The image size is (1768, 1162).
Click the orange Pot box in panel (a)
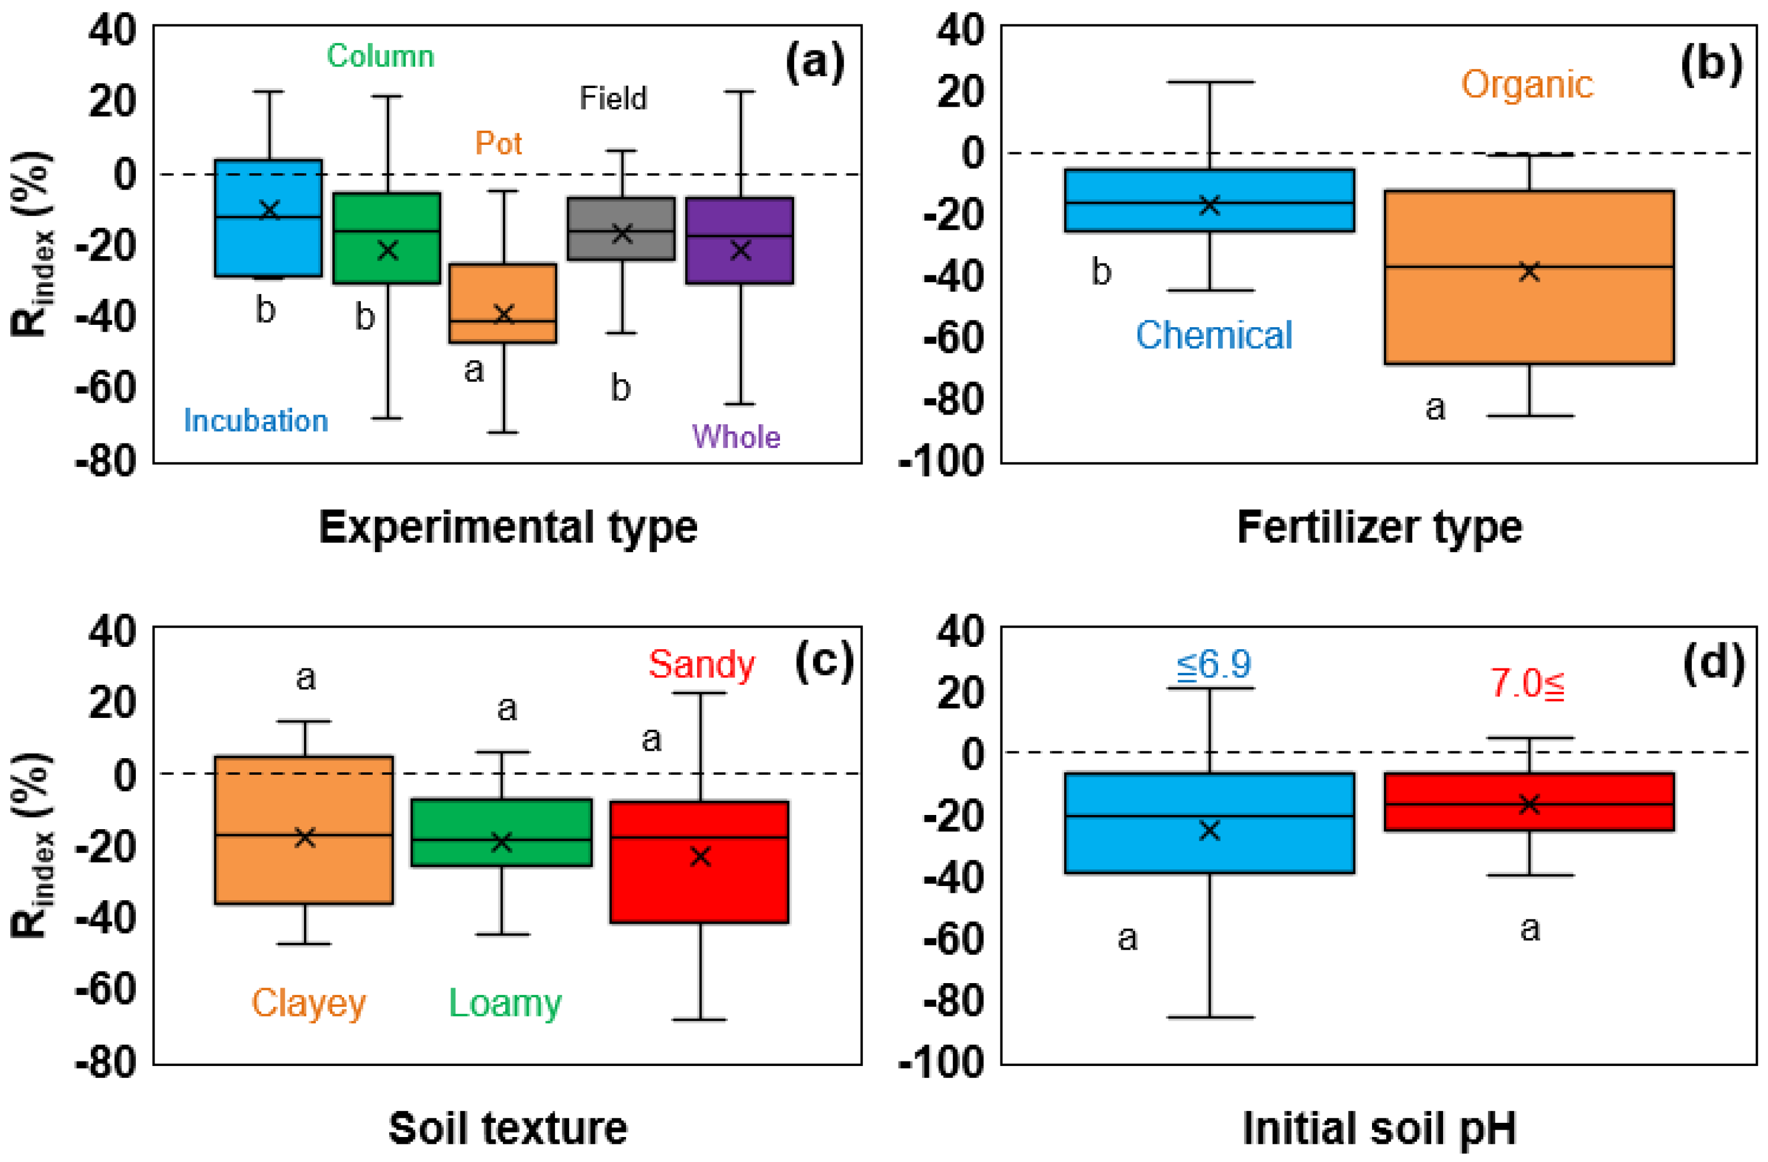coord(503,302)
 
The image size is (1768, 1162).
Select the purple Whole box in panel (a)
coord(739,240)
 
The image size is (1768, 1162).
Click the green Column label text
coord(380,56)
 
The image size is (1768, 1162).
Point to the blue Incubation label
coord(256,421)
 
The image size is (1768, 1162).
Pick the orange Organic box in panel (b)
coord(1529,277)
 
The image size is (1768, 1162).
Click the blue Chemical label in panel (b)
coord(1214,336)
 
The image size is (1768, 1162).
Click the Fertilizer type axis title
coord(1379,528)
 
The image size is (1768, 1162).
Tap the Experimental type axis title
coord(508,528)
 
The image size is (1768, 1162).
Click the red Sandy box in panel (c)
coord(699,862)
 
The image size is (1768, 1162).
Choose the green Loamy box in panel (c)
coord(502,833)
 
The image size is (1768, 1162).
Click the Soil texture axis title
coord(508,1128)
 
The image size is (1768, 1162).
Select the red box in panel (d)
coord(1529,802)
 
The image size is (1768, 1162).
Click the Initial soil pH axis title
coord(1379,1128)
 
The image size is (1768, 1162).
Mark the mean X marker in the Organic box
coord(1529,271)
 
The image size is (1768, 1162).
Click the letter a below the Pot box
coord(474,370)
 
